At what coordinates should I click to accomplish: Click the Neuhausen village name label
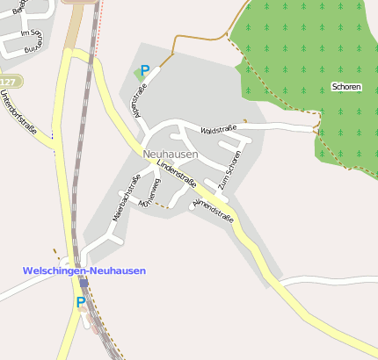pos(170,155)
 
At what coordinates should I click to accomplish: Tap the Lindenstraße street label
pos(176,171)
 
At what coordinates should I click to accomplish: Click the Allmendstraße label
pos(213,211)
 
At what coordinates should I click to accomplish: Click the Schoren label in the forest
pos(345,86)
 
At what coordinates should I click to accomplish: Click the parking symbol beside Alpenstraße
pos(145,70)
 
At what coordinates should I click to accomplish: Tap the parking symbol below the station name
pos(81,301)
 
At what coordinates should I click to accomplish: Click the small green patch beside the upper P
pos(137,74)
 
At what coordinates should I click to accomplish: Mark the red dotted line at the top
pos(100,11)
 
